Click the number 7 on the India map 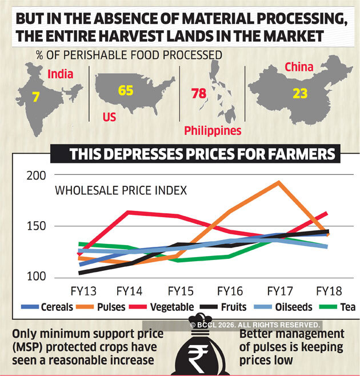tap(35, 98)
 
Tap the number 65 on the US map tap(126, 90)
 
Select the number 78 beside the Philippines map tap(198, 93)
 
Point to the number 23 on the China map tap(300, 93)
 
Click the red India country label tap(60, 74)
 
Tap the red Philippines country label tap(213, 131)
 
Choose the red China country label tap(298, 67)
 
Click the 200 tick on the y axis tap(35, 175)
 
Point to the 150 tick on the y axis tap(35, 226)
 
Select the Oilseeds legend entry tap(293, 307)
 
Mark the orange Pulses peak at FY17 tap(278, 182)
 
